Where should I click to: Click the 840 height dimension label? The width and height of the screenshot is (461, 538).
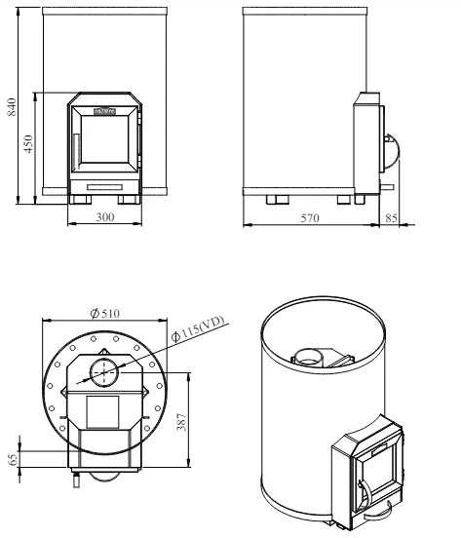tap(12, 107)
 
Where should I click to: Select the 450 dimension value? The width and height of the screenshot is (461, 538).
tap(28, 144)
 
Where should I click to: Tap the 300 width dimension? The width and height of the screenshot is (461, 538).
tap(105, 217)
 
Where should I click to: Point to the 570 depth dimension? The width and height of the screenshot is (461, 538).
tap(310, 218)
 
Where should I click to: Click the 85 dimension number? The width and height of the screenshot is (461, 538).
tap(391, 218)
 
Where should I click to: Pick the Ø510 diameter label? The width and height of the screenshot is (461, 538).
tap(105, 313)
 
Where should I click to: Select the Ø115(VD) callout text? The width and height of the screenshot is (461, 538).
tap(198, 329)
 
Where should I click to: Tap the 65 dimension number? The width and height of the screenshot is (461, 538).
tap(12, 459)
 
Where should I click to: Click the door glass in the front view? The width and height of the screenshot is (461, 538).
tap(105, 138)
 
